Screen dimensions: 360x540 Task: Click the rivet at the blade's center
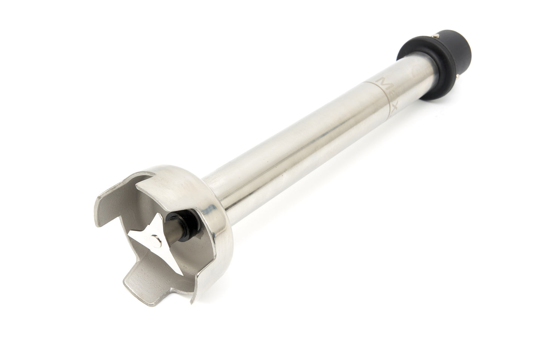point(154,237)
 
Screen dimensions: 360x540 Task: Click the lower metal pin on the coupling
point(460,77)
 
